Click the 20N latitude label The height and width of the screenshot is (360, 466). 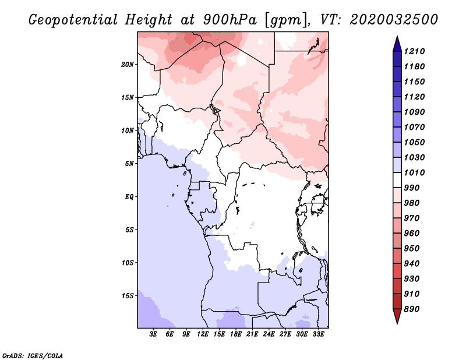pyautogui.click(x=128, y=64)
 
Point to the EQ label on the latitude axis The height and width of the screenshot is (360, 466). pyautogui.click(x=129, y=197)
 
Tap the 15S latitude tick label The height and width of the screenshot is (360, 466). pyautogui.click(x=128, y=296)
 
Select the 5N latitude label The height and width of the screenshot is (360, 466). pyautogui.click(x=129, y=164)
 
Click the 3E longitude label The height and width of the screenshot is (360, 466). pyautogui.click(x=153, y=334)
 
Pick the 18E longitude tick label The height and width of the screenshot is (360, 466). pyautogui.click(x=236, y=334)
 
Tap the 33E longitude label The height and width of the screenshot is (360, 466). pyautogui.click(x=318, y=334)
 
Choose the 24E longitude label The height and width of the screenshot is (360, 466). pyautogui.click(x=269, y=334)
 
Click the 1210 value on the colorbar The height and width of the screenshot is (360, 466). pyautogui.click(x=414, y=51)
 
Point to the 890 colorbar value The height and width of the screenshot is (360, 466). pyautogui.click(x=412, y=309)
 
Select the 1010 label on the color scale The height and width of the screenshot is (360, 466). pyautogui.click(x=414, y=172)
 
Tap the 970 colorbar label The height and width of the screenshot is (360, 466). pyautogui.click(x=412, y=218)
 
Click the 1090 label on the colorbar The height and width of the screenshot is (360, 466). pyautogui.click(x=414, y=112)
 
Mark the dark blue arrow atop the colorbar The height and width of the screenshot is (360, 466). pyautogui.click(x=397, y=44)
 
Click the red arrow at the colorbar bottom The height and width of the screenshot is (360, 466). pyautogui.click(x=397, y=316)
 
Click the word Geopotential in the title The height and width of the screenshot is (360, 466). pyautogui.click(x=73, y=20)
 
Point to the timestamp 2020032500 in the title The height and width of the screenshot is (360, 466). pyautogui.click(x=394, y=20)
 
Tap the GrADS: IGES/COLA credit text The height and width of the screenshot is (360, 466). pyautogui.click(x=33, y=356)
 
